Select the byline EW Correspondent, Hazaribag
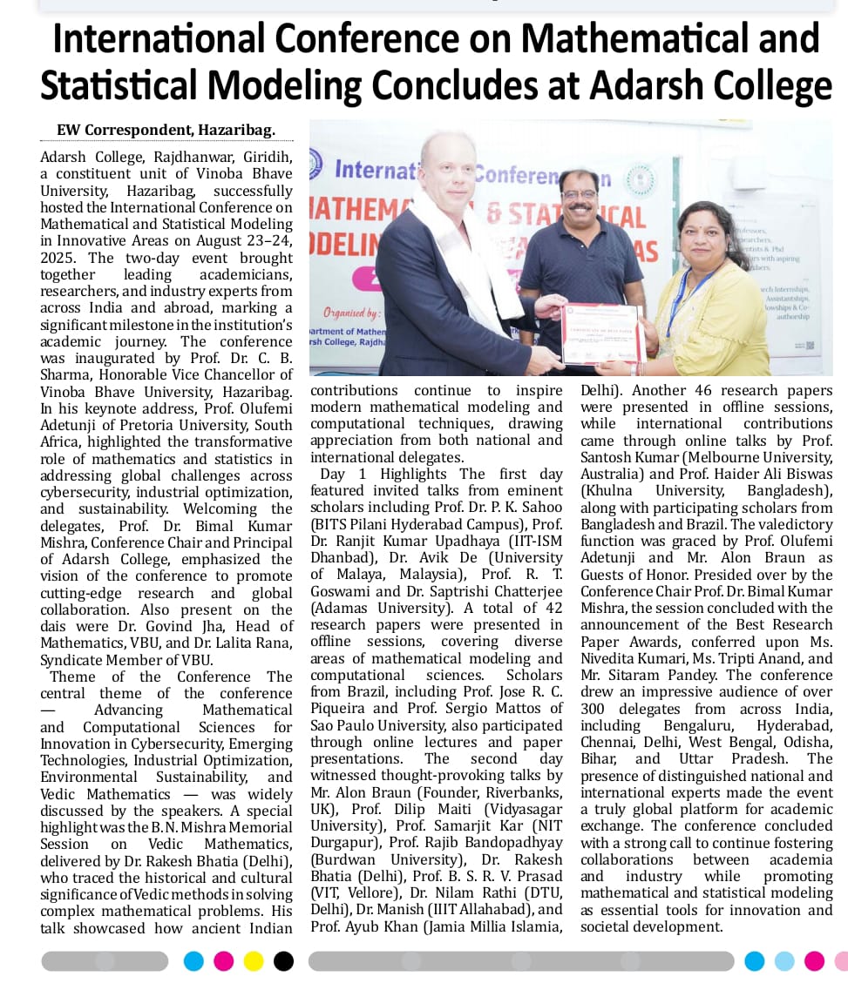pyautogui.click(x=166, y=131)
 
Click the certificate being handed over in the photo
pyautogui.click(x=600, y=333)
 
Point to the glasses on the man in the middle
pyautogui.click(x=578, y=194)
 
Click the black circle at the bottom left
pyautogui.click(x=283, y=961)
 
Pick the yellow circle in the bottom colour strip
pyautogui.click(x=254, y=961)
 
